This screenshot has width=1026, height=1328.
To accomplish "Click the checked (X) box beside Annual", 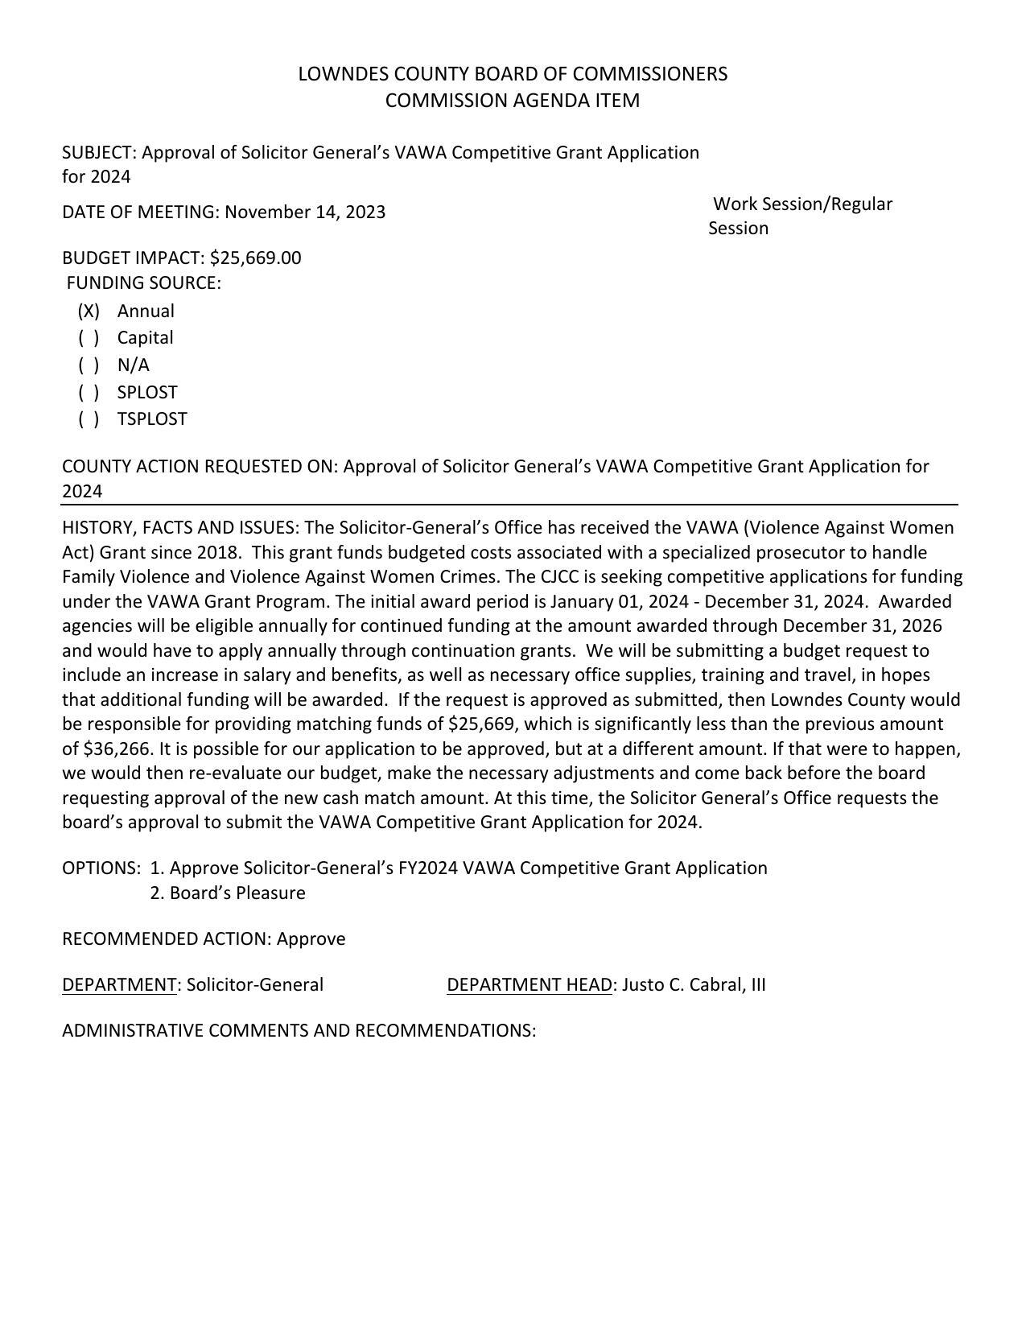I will coord(89,311).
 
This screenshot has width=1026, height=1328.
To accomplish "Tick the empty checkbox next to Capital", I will coord(89,338).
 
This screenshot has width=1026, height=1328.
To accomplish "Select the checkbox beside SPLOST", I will coord(89,393).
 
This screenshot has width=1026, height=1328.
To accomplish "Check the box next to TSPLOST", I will coord(89,419).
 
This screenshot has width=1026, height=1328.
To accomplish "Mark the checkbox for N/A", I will coord(89,365).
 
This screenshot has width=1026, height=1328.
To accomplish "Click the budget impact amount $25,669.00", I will coord(255,258).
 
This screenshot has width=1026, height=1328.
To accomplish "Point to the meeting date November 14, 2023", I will coord(305,212).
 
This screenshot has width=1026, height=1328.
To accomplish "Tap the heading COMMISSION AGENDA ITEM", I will coord(513,101).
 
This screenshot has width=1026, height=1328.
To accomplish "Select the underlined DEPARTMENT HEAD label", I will coord(529,985).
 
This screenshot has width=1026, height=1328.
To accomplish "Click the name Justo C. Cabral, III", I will coord(694,985).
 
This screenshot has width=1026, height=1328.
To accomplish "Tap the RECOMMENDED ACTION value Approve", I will coord(311,939).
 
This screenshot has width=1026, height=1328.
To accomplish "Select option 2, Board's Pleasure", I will coord(228,893).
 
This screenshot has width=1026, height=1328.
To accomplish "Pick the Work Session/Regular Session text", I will coord(801,216).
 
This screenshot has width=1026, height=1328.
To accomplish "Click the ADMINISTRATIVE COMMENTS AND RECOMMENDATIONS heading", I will coord(299,1031).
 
